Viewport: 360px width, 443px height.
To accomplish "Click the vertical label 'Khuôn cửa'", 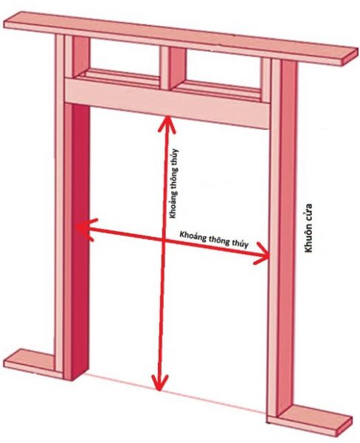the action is click(309, 227).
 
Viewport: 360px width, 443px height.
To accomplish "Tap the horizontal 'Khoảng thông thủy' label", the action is click(214, 239).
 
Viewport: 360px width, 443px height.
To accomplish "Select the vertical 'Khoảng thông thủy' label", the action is click(173, 183).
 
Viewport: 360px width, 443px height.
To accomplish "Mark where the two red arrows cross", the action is click(164, 240).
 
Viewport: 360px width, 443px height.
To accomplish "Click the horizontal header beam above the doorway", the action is click(167, 103).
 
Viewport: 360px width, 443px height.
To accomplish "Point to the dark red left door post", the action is click(80, 240).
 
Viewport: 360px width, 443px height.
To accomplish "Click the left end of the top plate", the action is click(13, 21).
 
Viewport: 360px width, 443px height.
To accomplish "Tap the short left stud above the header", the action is click(80, 57).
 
